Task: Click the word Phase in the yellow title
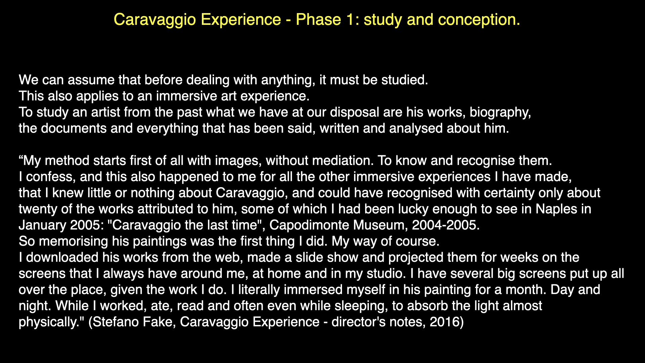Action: pyautogui.click(x=318, y=19)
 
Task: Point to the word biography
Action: pyautogui.click(x=500, y=113)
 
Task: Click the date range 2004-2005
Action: pyautogui.click(x=446, y=225)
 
